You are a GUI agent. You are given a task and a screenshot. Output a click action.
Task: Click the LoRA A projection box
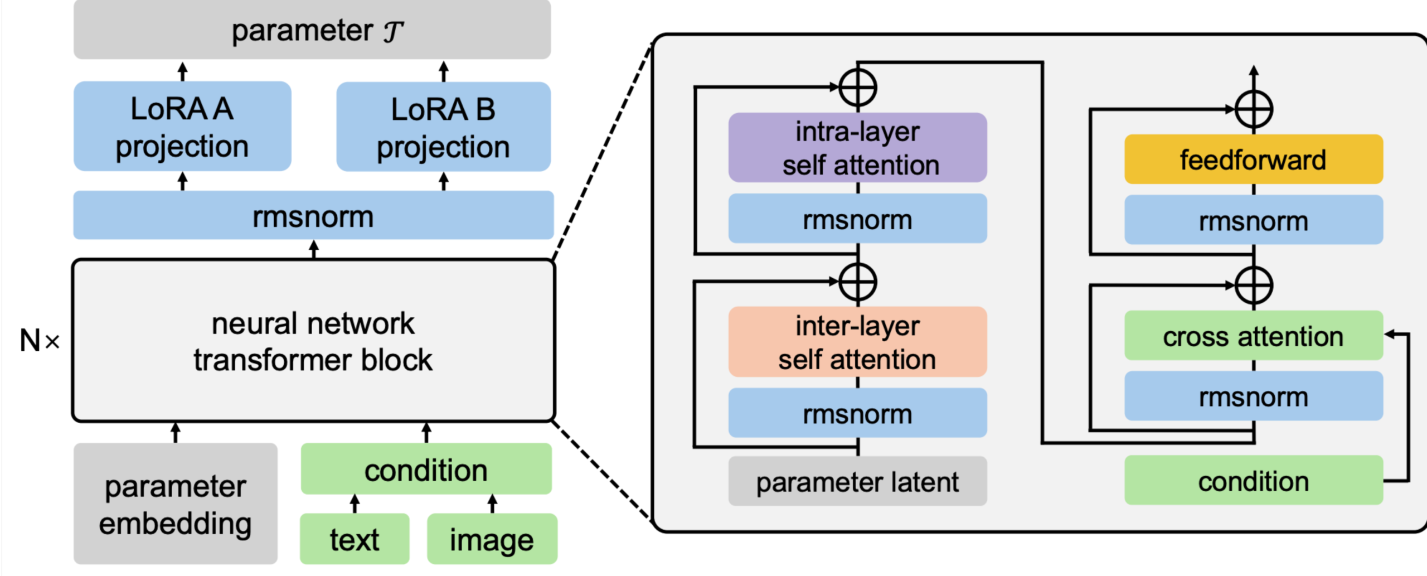pyautogui.click(x=182, y=126)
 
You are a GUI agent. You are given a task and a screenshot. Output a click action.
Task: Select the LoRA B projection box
pyautogui.click(x=444, y=127)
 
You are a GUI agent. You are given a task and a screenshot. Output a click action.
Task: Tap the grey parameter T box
pyautogui.click(x=312, y=30)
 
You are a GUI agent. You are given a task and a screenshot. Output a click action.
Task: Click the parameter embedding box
pyautogui.click(x=176, y=504)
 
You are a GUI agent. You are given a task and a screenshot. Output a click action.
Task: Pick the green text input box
pyautogui.click(x=355, y=539)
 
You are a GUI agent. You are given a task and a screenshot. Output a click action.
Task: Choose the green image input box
pyautogui.click(x=492, y=539)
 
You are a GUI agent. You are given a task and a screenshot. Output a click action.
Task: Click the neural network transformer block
pyautogui.click(x=313, y=341)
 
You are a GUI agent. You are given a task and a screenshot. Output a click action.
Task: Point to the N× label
pyautogui.click(x=39, y=341)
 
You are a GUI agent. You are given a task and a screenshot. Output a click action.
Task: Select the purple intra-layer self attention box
pyautogui.click(x=857, y=148)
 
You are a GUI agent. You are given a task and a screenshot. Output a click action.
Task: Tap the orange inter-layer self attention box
pyautogui.click(x=857, y=342)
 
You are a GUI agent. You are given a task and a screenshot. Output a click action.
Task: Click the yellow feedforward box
pyautogui.click(x=1253, y=159)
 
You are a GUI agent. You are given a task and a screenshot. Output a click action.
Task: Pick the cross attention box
pyautogui.click(x=1253, y=336)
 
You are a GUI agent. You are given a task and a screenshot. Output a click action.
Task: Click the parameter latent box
pyautogui.click(x=857, y=481)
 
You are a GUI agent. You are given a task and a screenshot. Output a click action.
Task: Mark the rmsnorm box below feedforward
pyautogui.click(x=1253, y=220)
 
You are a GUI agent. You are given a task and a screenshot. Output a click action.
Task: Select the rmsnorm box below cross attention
pyautogui.click(x=1253, y=396)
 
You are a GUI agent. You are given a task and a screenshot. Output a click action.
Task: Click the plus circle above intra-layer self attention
pyautogui.click(x=858, y=88)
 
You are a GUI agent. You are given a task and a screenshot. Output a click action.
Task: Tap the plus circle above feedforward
pyautogui.click(x=1254, y=109)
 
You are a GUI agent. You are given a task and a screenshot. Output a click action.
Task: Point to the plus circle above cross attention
pyautogui.click(x=1254, y=285)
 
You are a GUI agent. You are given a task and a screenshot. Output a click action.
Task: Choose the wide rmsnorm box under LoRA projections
pyautogui.click(x=313, y=216)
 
